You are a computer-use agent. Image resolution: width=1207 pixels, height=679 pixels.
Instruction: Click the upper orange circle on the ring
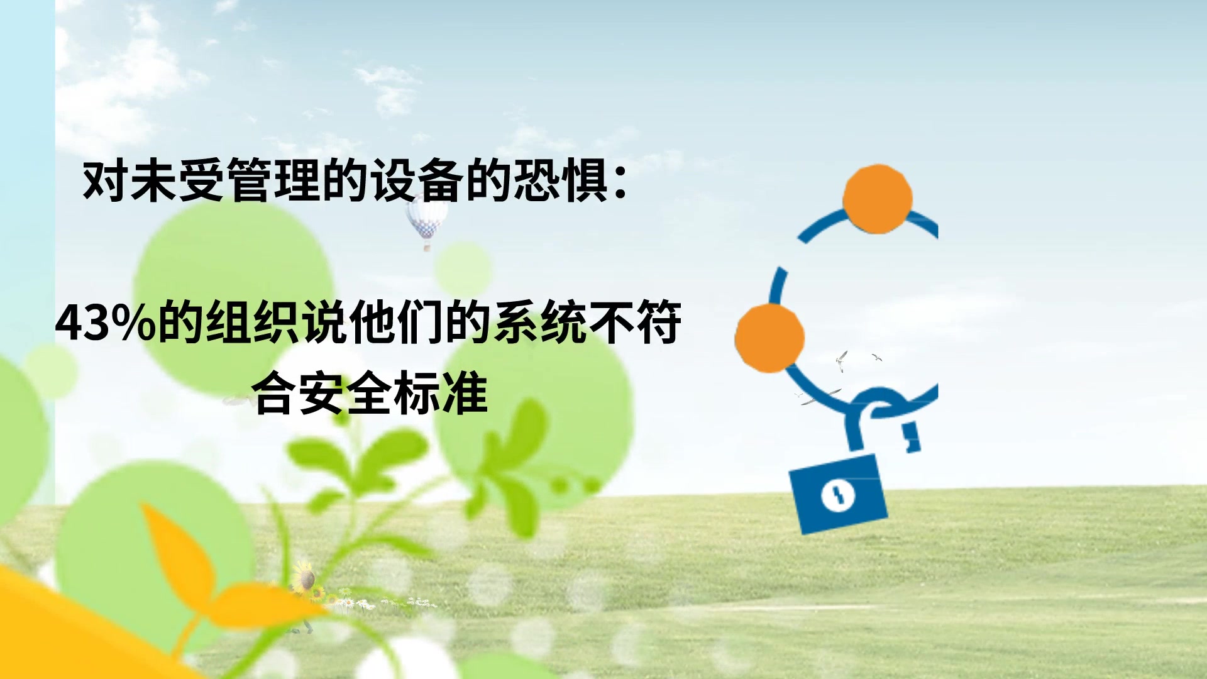pyautogui.click(x=877, y=199)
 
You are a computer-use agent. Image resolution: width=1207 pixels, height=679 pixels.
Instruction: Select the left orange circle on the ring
pyautogui.click(x=769, y=338)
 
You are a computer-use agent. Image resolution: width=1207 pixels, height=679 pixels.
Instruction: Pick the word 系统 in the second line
pyautogui.click(x=539, y=323)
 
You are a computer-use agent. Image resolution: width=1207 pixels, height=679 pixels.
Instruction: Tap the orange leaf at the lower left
pyautogui.click(x=179, y=553)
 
